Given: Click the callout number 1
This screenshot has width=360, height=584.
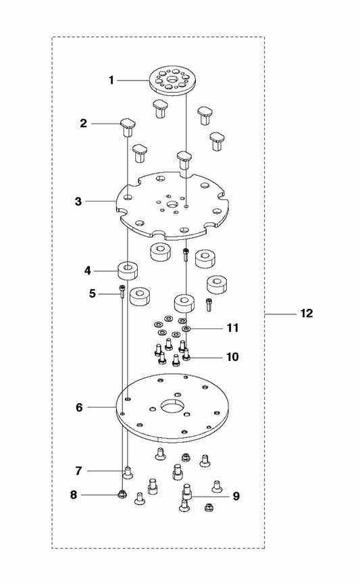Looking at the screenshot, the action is pos(111,80).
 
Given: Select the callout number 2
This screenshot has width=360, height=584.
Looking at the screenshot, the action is pos(83,123).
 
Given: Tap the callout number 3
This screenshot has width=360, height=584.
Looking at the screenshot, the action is pos(78,201).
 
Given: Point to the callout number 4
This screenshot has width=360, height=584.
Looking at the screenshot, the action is pos(88,271).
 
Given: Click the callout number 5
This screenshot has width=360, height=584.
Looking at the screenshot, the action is pos(93,293).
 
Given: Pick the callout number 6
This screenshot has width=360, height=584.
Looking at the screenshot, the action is pos(79,408).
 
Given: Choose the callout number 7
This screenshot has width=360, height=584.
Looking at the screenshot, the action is pos(78,471).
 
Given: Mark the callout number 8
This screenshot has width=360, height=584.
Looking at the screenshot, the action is pos(74,495).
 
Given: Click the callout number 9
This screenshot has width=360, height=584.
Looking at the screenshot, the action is pos(236,496).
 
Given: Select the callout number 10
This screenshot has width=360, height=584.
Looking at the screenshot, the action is pos(232,357).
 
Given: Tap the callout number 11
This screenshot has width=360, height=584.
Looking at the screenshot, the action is pos(232,328).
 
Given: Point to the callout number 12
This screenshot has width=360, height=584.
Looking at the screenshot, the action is pos(307,314).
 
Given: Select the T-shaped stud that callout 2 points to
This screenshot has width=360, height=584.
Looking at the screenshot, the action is pos(128,127).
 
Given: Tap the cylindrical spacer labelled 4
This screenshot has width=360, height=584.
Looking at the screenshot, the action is pos(128,270).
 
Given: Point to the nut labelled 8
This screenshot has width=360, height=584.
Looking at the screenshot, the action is pos(121,494).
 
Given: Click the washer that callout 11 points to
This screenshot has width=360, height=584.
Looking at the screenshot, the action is pos(186,328).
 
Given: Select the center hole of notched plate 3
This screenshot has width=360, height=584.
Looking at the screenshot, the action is pos(173,204).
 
